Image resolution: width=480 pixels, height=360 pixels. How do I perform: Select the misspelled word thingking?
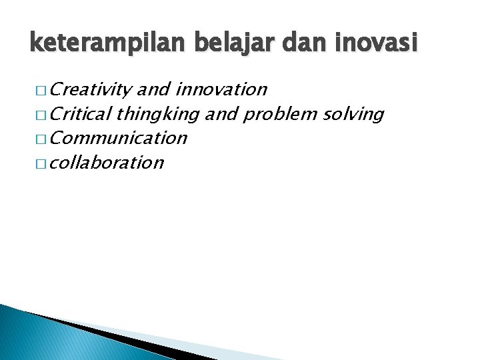[157, 114]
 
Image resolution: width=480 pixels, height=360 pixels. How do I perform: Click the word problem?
[281, 114]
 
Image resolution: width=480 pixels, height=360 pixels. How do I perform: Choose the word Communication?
[119, 138]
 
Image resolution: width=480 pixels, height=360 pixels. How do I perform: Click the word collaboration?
[107, 163]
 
